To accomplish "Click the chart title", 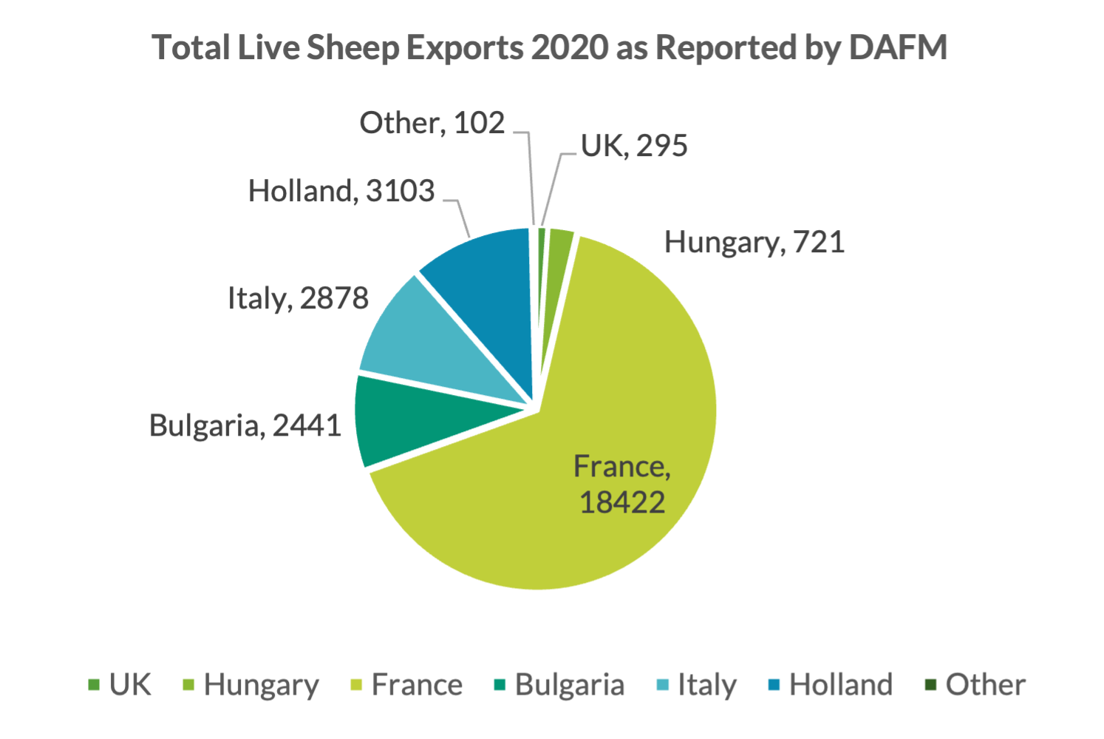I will point(549,47).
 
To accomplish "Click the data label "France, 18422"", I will point(622,484).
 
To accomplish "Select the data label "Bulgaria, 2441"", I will point(245,425).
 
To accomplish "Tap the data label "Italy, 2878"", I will point(298,298).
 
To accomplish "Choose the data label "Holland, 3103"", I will point(341,191).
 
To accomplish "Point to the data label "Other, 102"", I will point(432,123).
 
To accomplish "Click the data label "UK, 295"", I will point(634,146).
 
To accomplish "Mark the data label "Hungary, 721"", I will point(754,242).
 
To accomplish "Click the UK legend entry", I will point(120,685).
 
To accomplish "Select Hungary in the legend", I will point(251,685).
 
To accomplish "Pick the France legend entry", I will point(407,685).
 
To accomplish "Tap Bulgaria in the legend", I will point(560,685).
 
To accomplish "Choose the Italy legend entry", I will point(698,685).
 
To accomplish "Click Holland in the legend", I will point(831,685).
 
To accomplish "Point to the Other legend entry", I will point(975,685).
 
